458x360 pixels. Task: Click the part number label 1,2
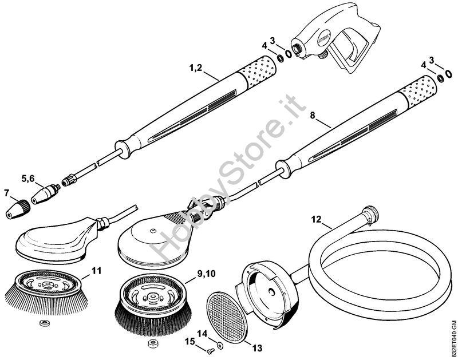click(x=195, y=68)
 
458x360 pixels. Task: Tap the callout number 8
click(x=313, y=116)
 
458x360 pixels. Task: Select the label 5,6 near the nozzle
click(x=27, y=179)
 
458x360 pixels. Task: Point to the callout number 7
click(x=6, y=192)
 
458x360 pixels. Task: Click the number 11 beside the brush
click(x=96, y=271)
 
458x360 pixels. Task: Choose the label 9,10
click(x=206, y=274)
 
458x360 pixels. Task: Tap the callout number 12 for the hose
click(x=316, y=219)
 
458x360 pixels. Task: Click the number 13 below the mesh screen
click(x=257, y=339)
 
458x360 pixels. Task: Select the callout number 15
click(x=190, y=341)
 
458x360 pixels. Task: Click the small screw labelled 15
click(x=210, y=353)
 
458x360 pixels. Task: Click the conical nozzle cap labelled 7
click(x=18, y=208)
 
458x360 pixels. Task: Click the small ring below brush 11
click(x=45, y=323)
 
